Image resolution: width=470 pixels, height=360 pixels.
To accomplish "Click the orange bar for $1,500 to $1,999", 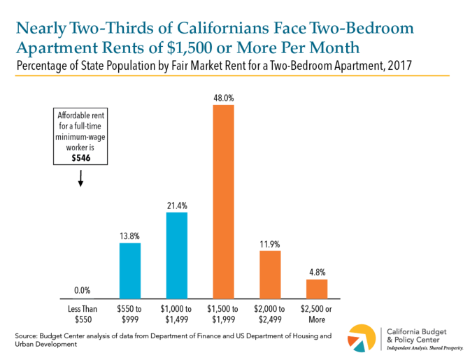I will tap(224, 201).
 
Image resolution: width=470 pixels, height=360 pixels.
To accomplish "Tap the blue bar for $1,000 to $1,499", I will tap(177, 255).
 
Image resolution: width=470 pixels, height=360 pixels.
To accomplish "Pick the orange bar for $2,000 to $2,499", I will tap(270, 274).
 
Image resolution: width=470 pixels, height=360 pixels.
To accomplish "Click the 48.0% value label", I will tap(224, 97).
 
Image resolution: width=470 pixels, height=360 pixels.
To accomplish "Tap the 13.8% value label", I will tap(130, 235).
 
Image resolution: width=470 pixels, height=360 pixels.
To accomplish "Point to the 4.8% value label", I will tap(317, 271).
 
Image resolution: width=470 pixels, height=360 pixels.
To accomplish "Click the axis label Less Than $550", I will tap(83, 314).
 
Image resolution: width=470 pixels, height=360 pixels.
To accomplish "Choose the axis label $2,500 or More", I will tap(317, 314).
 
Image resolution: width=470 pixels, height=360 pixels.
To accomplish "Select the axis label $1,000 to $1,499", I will tap(177, 314).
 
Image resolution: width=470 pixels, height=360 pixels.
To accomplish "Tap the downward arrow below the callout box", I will tap(80, 180).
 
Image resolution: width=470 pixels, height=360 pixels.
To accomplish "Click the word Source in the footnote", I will tap(26, 336).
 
